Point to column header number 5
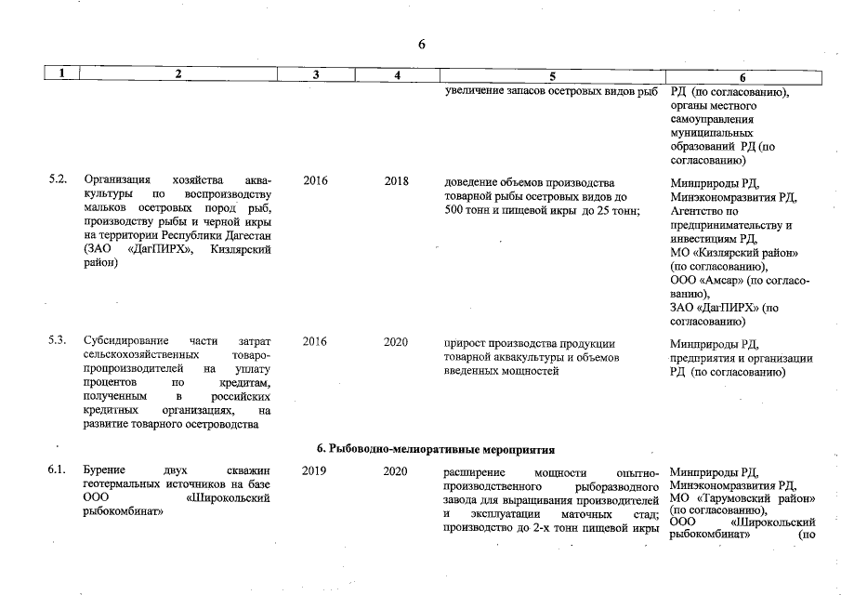552,76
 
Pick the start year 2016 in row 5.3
315,341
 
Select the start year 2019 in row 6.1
315,471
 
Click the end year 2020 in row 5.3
397,341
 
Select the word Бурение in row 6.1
104,471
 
